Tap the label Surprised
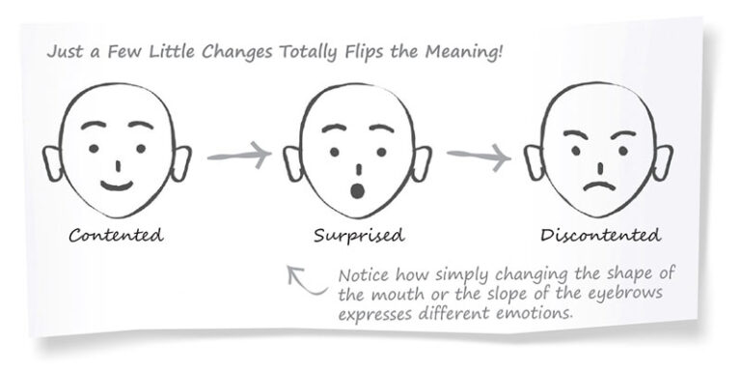coord(359,235)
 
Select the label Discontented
coord(600,235)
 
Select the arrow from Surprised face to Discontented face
coord(479,154)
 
